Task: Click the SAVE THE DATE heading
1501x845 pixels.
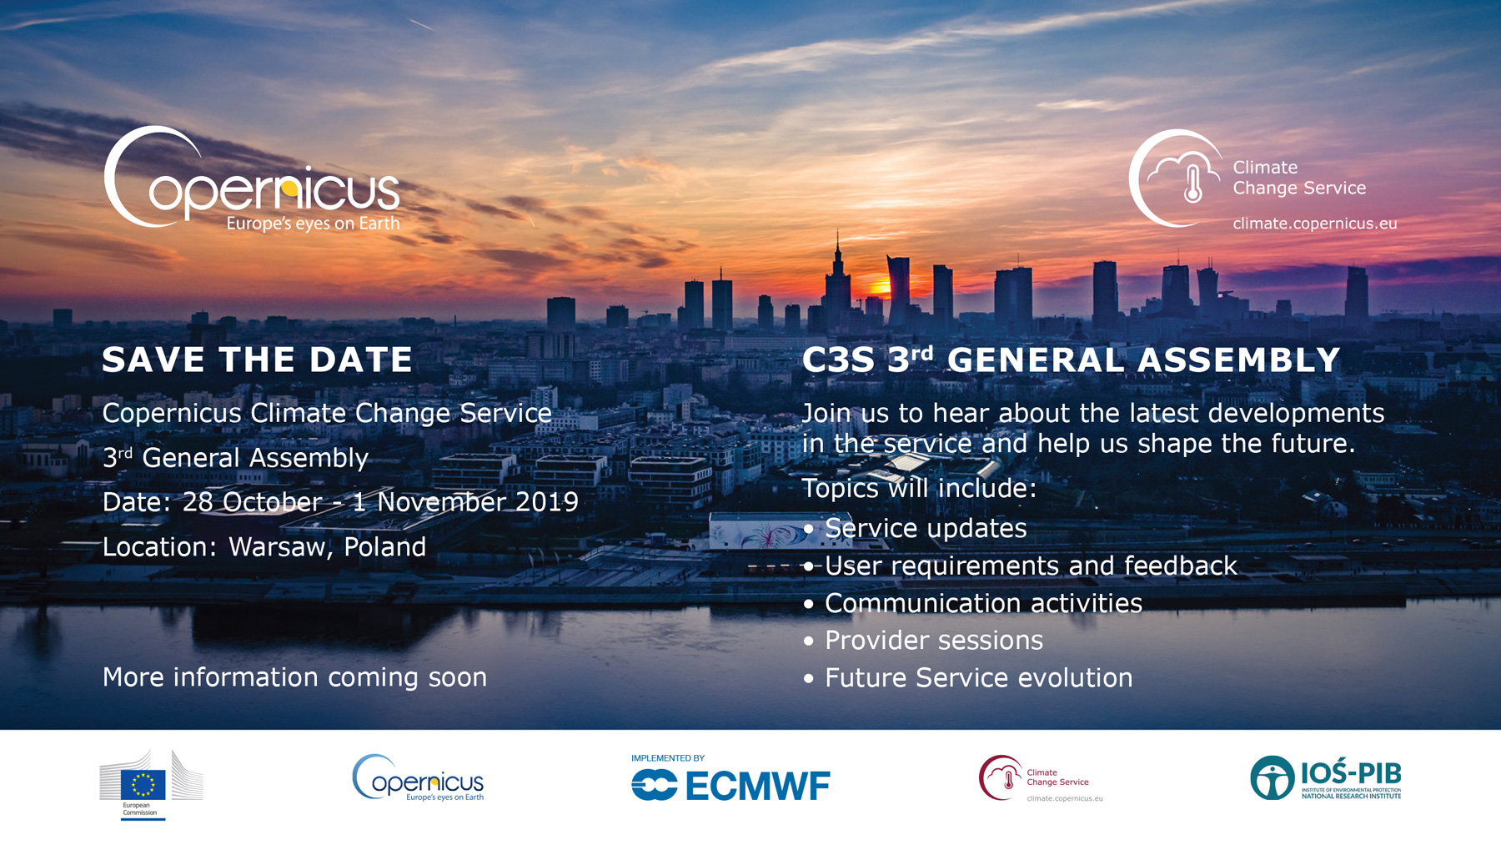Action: [257, 360]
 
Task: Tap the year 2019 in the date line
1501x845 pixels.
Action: [547, 501]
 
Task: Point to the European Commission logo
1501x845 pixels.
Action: [151, 785]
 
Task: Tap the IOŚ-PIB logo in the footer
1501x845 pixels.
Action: [1326, 777]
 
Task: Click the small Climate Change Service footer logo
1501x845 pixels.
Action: [1041, 778]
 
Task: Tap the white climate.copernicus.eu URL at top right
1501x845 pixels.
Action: [1314, 224]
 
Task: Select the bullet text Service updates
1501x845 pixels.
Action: [926, 528]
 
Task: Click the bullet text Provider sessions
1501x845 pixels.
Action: [934, 640]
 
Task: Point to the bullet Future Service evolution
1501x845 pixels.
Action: [979, 677]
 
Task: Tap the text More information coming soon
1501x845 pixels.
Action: [294, 677]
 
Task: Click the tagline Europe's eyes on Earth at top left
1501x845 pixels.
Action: [314, 224]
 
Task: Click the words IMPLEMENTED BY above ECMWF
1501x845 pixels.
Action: [668, 758]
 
